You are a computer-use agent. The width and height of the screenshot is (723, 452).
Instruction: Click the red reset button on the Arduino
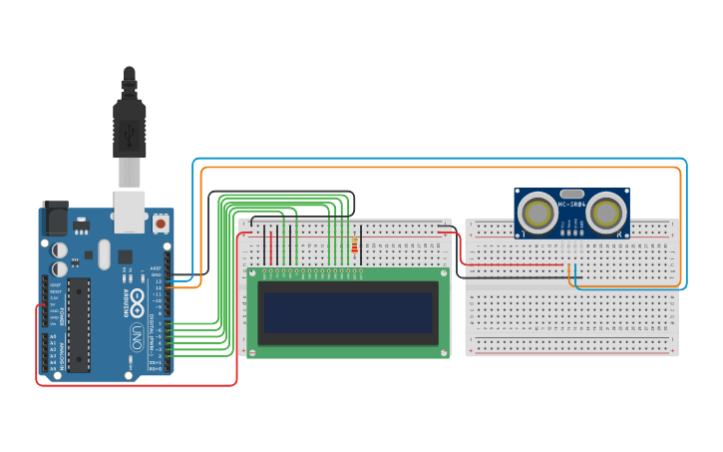[x=161, y=225]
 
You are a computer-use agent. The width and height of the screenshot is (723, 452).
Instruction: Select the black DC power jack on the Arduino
[x=54, y=219]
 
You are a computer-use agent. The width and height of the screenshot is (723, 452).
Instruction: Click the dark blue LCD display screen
[x=348, y=311]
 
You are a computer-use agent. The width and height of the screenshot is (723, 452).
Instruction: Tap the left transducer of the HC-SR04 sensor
[x=539, y=212]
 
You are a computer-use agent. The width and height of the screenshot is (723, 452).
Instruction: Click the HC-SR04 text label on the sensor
[x=571, y=205]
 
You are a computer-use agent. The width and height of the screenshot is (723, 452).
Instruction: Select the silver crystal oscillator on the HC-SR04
[x=571, y=193]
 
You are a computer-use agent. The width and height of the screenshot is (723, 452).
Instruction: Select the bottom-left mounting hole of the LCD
[x=253, y=349]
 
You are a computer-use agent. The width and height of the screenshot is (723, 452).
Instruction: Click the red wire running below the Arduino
[x=140, y=384]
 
